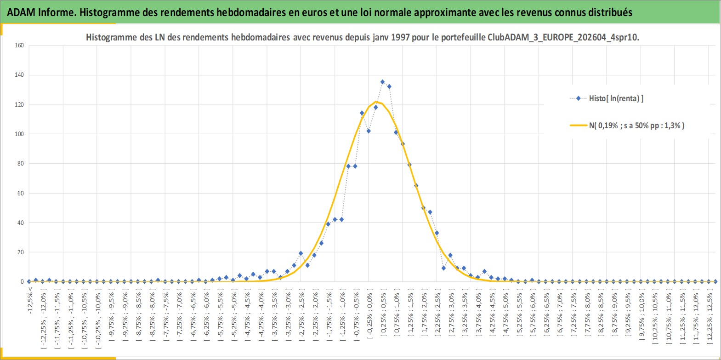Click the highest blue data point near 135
(x=382, y=82)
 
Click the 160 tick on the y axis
(x=19, y=46)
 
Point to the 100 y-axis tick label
(x=19, y=134)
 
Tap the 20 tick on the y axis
(x=21, y=252)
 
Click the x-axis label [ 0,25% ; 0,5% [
(x=383, y=314)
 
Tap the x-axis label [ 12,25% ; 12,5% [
(x=709, y=318)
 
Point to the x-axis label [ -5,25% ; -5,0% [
(x=233, y=318)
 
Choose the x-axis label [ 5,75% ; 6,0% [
(x=533, y=314)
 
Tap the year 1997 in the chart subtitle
(x=400, y=37)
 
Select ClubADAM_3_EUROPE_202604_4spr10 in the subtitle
(x=562, y=38)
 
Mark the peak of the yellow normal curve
(x=376, y=102)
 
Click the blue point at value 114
(x=362, y=113)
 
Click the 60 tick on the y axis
(x=21, y=193)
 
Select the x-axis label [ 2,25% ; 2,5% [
(x=437, y=314)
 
